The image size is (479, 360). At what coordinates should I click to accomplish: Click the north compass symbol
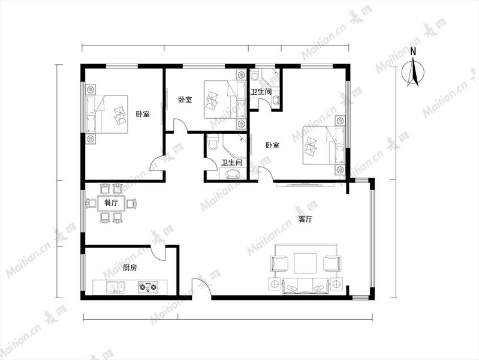pyautogui.click(x=413, y=73)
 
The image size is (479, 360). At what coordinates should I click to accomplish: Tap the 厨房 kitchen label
pyautogui.click(x=130, y=268)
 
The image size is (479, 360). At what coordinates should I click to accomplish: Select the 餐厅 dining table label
pyautogui.click(x=111, y=202)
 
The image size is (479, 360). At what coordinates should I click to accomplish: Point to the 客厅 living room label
pyautogui.click(x=305, y=219)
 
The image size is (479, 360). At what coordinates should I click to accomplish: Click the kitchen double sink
pyautogui.click(x=116, y=287)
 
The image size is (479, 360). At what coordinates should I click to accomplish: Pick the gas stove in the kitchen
pyautogui.click(x=148, y=287)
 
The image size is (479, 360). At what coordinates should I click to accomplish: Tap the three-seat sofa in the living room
pyautogui.click(x=306, y=286)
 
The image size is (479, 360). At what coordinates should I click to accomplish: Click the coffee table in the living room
pyautogui.click(x=305, y=263)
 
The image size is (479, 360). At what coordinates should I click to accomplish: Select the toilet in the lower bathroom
pyautogui.click(x=213, y=142)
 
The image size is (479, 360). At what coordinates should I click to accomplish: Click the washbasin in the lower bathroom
pyautogui.click(x=233, y=174)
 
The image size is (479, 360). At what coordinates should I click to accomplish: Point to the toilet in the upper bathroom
pyautogui.click(x=254, y=75)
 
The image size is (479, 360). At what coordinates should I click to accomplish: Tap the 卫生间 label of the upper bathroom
pyautogui.click(x=261, y=91)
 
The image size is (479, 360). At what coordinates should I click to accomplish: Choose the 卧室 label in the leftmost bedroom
pyautogui.click(x=143, y=114)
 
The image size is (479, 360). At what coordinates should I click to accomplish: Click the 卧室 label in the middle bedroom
pyautogui.click(x=185, y=100)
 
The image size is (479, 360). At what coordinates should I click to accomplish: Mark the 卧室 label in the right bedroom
pyautogui.click(x=273, y=145)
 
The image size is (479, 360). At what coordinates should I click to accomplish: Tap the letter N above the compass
pyautogui.click(x=413, y=52)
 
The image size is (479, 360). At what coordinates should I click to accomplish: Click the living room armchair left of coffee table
pyautogui.click(x=279, y=263)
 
